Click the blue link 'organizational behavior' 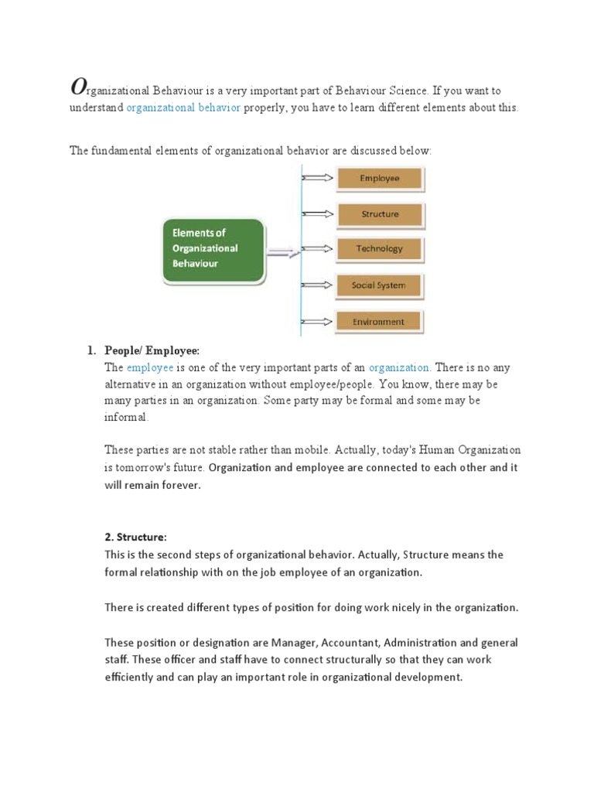point(183,108)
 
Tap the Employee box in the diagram point(380,179)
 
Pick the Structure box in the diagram point(380,214)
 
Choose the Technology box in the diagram point(380,249)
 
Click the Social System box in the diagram point(379,285)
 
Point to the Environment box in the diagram point(379,322)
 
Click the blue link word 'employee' point(150,368)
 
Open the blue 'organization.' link point(400,368)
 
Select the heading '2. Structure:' point(135,537)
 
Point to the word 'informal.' point(125,418)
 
